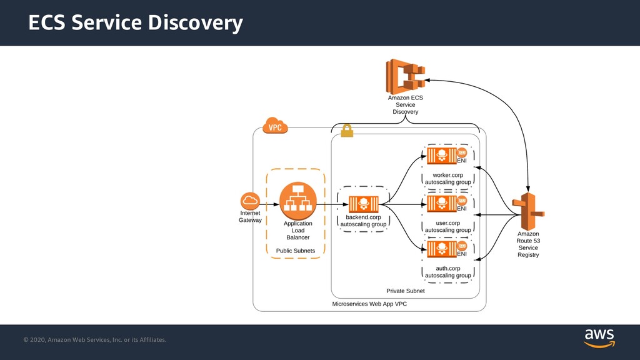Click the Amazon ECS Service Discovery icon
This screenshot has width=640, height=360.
click(405, 77)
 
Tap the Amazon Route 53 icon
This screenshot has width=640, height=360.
click(528, 211)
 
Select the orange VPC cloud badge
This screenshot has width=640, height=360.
click(275, 126)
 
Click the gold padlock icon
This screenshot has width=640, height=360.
click(347, 131)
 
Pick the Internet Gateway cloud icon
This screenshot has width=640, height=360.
click(250, 201)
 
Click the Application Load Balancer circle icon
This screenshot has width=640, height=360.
click(298, 201)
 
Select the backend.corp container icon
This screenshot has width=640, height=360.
click(363, 204)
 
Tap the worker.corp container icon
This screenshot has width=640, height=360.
click(442, 156)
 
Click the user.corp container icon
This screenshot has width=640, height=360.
click(442, 204)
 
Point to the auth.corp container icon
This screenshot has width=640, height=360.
click(442, 249)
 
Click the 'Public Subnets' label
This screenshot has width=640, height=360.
click(296, 251)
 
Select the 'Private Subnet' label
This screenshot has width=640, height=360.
click(405, 291)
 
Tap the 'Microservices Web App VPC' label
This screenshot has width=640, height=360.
click(369, 304)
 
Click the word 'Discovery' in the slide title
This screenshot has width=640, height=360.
click(196, 23)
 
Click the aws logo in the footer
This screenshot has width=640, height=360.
click(599, 339)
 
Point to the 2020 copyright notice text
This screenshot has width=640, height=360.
click(95, 339)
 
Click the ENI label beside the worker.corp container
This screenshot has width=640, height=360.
click(462, 161)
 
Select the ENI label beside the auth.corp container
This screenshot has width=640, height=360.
click(462, 254)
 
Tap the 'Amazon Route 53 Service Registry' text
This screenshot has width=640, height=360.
click(528, 244)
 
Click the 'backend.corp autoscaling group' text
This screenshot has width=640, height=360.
click(363, 221)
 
